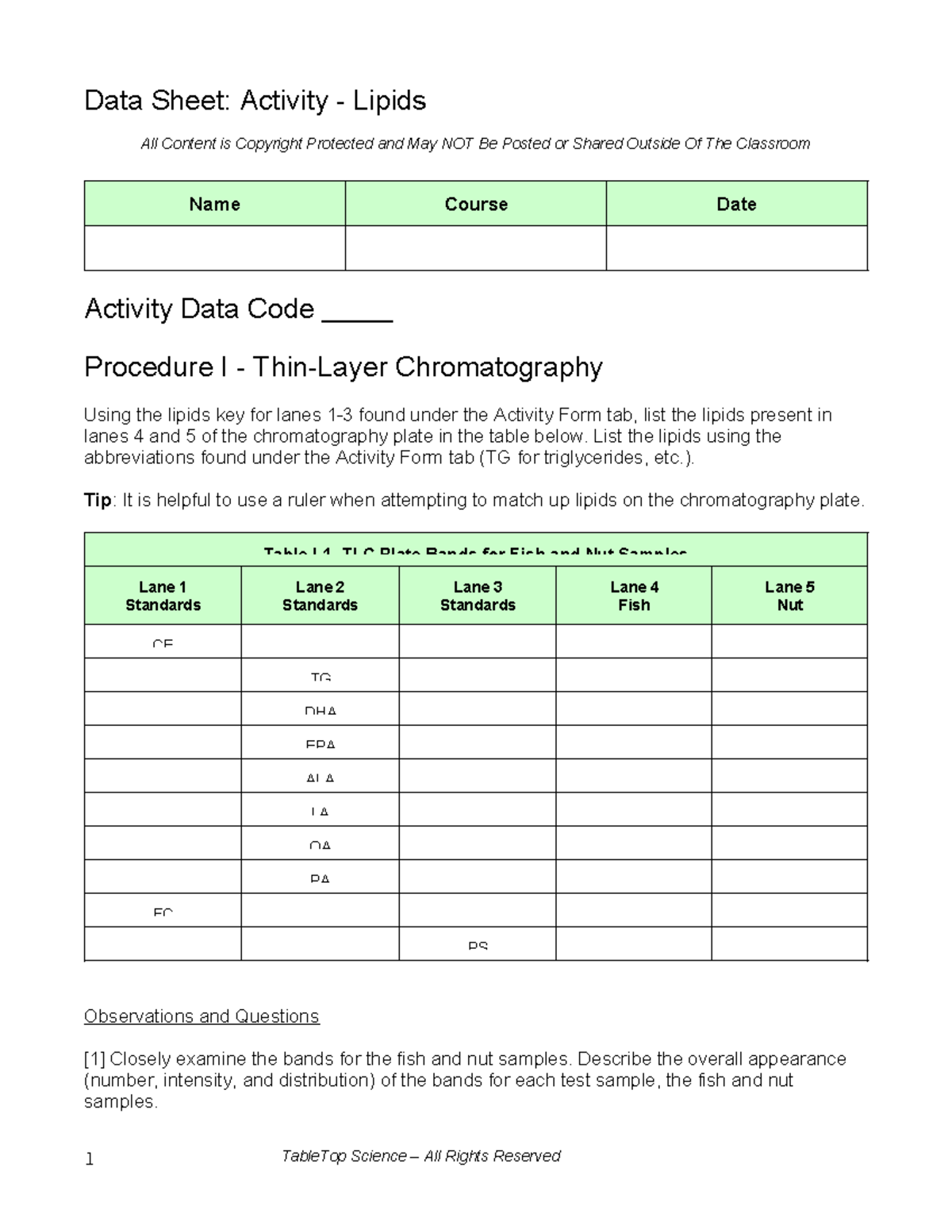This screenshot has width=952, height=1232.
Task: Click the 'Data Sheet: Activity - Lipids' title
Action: (x=255, y=101)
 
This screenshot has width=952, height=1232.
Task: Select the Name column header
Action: (x=214, y=204)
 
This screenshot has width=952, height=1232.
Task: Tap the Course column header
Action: (x=475, y=204)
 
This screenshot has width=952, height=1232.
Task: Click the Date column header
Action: (x=736, y=204)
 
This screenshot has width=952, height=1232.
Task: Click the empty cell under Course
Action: (x=475, y=248)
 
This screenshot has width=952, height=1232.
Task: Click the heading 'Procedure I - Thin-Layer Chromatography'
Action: (x=343, y=367)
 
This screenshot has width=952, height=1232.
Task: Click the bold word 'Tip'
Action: (x=98, y=500)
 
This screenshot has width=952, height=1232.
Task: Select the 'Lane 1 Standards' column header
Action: (x=163, y=596)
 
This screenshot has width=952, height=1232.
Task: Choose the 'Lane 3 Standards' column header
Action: (x=478, y=596)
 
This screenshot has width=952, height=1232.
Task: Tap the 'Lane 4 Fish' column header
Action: (x=634, y=596)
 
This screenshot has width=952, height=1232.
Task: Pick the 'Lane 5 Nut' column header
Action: (x=789, y=596)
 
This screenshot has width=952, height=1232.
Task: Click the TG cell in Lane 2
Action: (x=321, y=676)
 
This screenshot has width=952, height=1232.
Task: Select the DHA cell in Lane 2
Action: (x=321, y=710)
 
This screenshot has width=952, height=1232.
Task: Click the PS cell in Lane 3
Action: (x=478, y=945)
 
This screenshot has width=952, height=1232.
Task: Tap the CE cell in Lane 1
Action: (x=163, y=643)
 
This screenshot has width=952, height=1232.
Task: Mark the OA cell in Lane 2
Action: (x=321, y=844)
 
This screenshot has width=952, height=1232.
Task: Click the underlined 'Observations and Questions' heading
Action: (x=202, y=1016)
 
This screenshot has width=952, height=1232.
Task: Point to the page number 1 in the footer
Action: (x=90, y=1160)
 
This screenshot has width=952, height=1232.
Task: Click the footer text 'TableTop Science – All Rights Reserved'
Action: (x=420, y=1156)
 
